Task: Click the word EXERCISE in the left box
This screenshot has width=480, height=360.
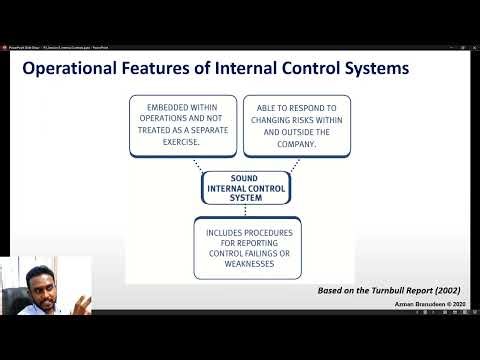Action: click(181, 141)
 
